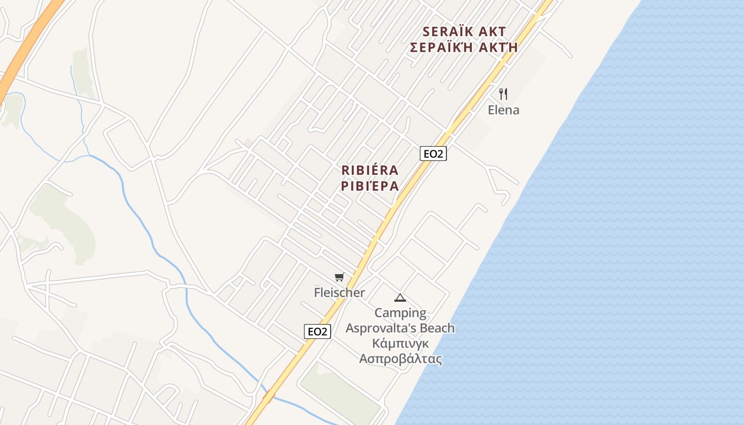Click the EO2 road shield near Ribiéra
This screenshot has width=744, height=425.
(x=433, y=154)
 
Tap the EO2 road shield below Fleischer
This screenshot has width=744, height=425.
(x=318, y=331)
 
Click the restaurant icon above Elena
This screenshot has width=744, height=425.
(x=503, y=94)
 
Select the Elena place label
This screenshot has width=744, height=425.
(x=503, y=110)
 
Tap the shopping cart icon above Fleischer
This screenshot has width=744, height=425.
(x=339, y=277)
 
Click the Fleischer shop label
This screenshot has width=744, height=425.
(x=339, y=293)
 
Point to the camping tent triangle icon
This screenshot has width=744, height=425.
(x=400, y=297)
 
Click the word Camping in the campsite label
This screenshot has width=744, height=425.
(x=400, y=313)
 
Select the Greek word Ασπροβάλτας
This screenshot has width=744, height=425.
(x=400, y=359)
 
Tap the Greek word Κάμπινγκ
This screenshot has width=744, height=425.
(x=400, y=343)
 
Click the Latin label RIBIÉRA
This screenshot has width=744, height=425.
(x=370, y=171)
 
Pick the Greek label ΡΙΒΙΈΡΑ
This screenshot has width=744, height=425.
(x=370, y=186)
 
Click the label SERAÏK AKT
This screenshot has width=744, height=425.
(x=464, y=31)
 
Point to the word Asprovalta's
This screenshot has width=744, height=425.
(x=381, y=328)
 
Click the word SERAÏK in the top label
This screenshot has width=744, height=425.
(x=448, y=31)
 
